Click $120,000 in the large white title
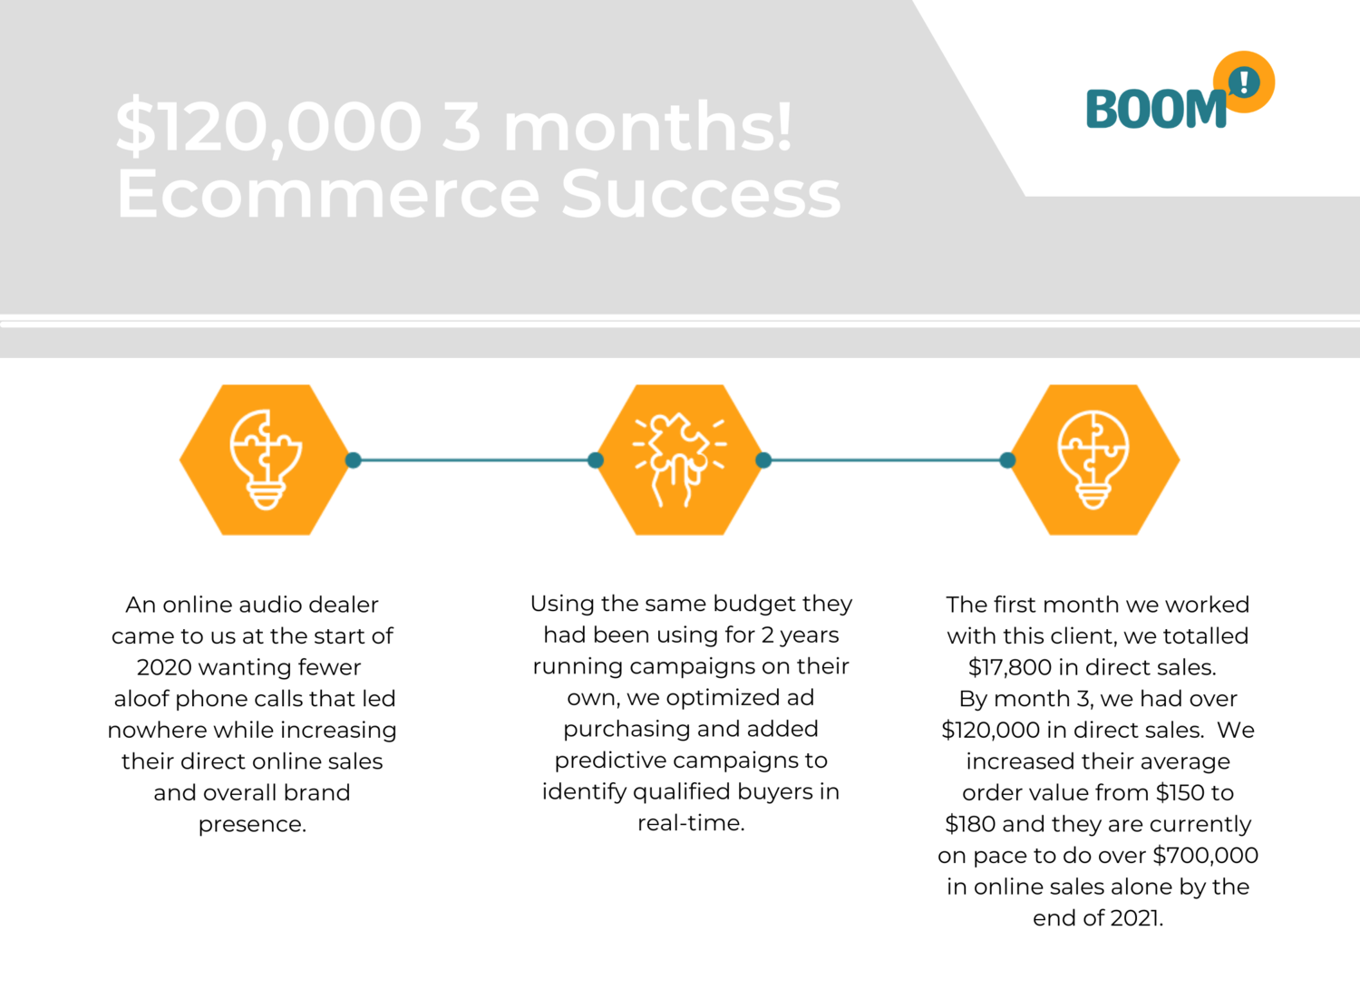[268, 126]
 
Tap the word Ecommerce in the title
[328, 194]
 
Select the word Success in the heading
[701, 194]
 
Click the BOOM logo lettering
[1156, 109]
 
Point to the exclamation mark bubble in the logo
[1244, 82]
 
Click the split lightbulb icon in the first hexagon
[266, 460]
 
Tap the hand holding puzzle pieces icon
[679, 460]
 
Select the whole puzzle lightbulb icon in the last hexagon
[1093, 460]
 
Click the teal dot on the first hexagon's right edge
[354, 460]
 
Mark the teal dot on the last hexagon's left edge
[1007, 460]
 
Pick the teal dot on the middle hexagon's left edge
[596, 460]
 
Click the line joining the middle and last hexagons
[885, 460]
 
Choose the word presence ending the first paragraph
[253, 825]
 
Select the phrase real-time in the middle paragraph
[691, 823]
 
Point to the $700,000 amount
[1206, 856]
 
